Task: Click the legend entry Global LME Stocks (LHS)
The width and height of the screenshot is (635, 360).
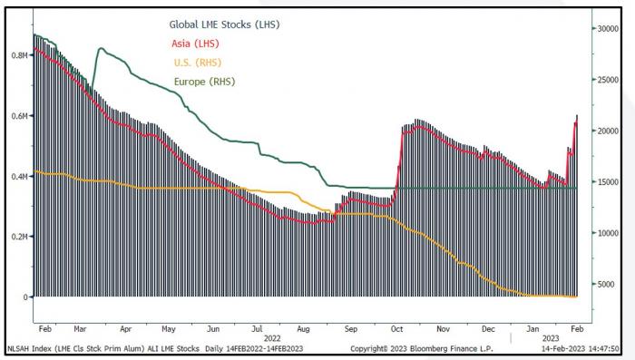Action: (x=224, y=24)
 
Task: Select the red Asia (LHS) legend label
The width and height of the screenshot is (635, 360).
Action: (x=195, y=44)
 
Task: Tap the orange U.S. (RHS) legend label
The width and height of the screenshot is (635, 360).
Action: (x=198, y=63)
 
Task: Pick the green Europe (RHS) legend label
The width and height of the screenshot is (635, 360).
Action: (x=204, y=82)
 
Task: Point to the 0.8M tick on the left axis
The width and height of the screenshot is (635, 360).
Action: (x=19, y=55)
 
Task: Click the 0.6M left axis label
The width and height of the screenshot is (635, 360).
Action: (x=19, y=116)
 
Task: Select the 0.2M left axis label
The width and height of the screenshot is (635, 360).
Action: (x=19, y=237)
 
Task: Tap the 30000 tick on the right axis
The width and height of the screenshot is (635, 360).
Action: (x=609, y=29)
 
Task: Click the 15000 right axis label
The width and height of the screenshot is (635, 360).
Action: (x=609, y=182)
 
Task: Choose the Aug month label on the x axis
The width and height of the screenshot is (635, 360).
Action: (x=303, y=329)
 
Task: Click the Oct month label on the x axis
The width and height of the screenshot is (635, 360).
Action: (x=397, y=329)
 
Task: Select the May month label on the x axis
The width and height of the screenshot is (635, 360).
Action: (x=169, y=329)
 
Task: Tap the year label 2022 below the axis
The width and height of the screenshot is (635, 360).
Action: (x=272, y=338)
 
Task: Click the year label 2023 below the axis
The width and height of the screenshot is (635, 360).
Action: (x=551, y=338)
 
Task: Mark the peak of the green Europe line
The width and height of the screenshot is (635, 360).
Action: (x=101, y=48)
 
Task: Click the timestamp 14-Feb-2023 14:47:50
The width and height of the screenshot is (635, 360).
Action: (x=581, y=348)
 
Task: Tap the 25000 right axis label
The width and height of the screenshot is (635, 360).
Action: (x=609, y=80)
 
